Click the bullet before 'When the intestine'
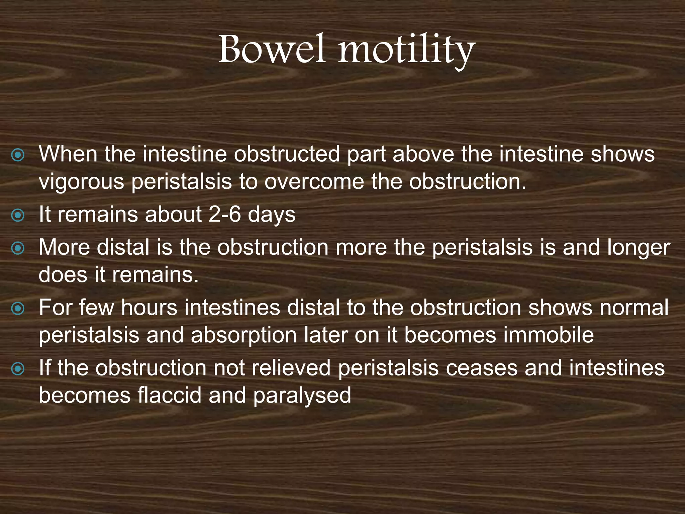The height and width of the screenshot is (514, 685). point(17,155)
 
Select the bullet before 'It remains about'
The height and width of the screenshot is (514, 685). point(17,216)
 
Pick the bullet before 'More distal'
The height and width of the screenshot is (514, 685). point(17,248)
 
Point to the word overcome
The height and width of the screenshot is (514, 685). point(314,182)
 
